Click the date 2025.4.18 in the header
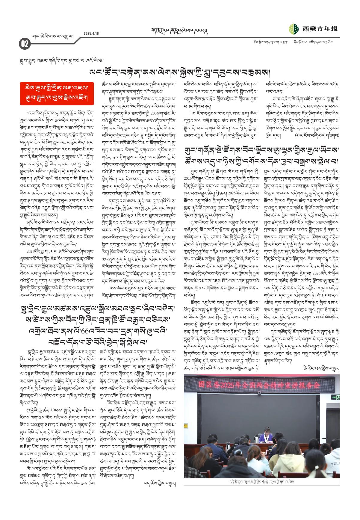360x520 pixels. [91, 33]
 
